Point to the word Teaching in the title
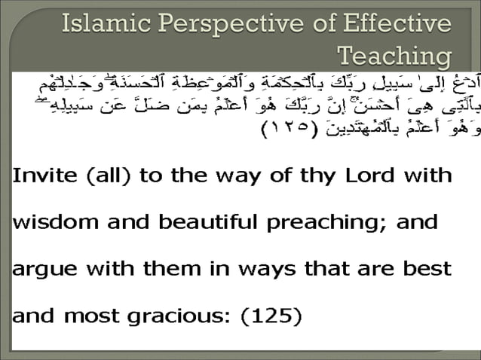tap(395, 56)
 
